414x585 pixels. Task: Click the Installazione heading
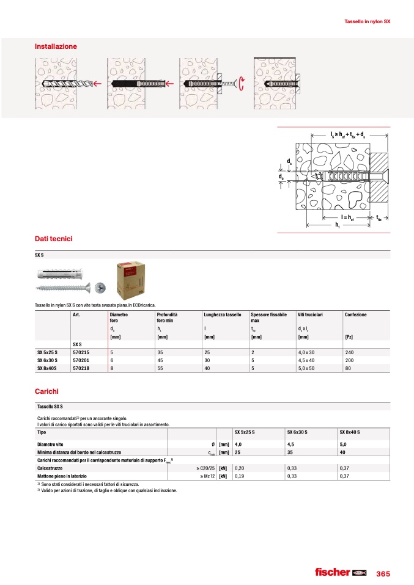56,46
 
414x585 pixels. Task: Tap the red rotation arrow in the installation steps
242,83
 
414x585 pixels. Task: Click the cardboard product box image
131,280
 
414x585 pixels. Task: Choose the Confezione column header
355,314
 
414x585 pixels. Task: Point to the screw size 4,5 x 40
308,360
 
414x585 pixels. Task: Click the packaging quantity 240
349,352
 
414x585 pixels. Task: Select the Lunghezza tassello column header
223,314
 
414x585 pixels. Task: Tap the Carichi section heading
46,390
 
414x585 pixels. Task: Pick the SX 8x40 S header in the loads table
350,432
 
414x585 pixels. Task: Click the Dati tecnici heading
54,239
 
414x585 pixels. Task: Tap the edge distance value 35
290,452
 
